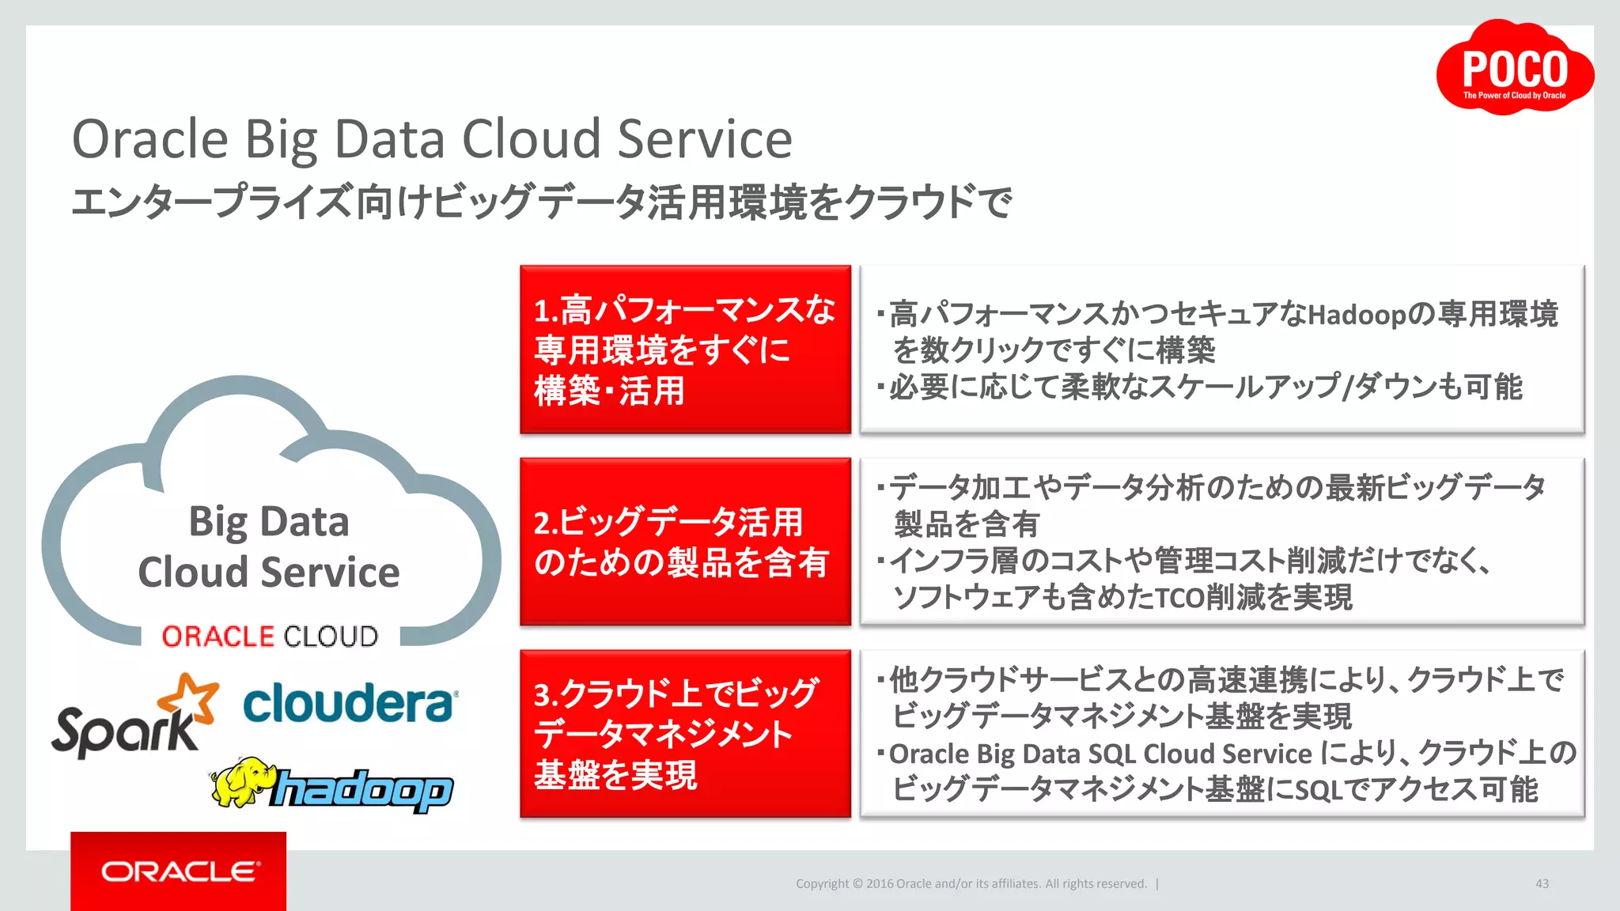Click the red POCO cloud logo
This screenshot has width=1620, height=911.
(1514, 70)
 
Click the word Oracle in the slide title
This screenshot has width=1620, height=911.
(150, 140)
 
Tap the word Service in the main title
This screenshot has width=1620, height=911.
(704, 140)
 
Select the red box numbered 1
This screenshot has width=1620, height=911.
(685, 349)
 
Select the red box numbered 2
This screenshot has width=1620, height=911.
(685, 542)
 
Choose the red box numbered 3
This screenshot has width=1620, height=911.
(685, 734)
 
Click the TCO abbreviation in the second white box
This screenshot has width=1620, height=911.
(1180, 598)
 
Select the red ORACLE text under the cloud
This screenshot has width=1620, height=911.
(218, 637)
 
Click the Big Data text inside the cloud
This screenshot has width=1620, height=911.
(269, 522)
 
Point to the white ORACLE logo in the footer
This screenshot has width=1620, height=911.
(180, 871)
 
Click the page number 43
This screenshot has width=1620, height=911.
(1542, 883)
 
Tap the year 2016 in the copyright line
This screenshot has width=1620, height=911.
(880, 884)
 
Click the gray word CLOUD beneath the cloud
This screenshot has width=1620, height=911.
(331, 637)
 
